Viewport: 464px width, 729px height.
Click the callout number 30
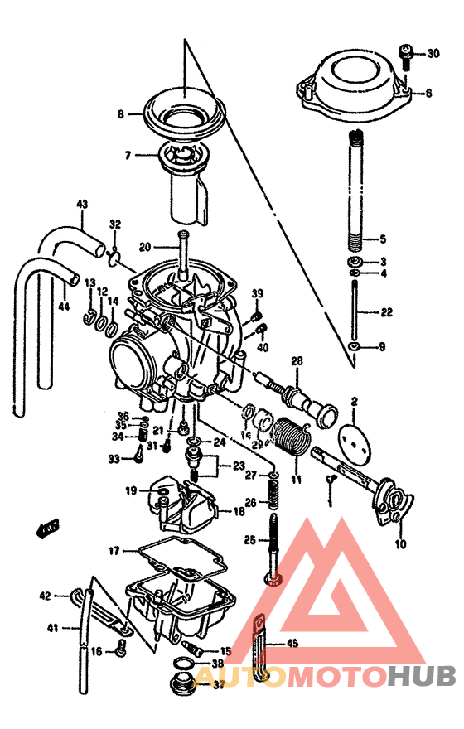pyautogui.click(x=433, y=54)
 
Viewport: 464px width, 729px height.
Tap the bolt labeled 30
pyautogui.click(x=405, y=56)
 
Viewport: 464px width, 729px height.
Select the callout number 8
pyautogui.click(x=120, y=114)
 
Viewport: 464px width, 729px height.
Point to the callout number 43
pyautogui.click(x=81, y=204)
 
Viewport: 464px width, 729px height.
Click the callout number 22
pyautogui.click(x=386, y=312)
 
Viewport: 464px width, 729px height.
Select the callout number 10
pyautogui.click(x=401, y=544)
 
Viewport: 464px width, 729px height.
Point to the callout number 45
pyautogui.click(x=292, y=643)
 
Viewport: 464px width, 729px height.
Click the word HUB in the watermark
pyautogui.click(x=423, y=676)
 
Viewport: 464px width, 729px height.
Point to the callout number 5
pyautogui.click(x=382, y=239)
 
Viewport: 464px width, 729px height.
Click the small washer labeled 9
pyautogui.click(x=355, y=346)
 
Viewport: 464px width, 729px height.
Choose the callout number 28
pyautogui.click(x=297, y=360)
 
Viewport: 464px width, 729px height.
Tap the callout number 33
pyautogui.click(x=114, y=458)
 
